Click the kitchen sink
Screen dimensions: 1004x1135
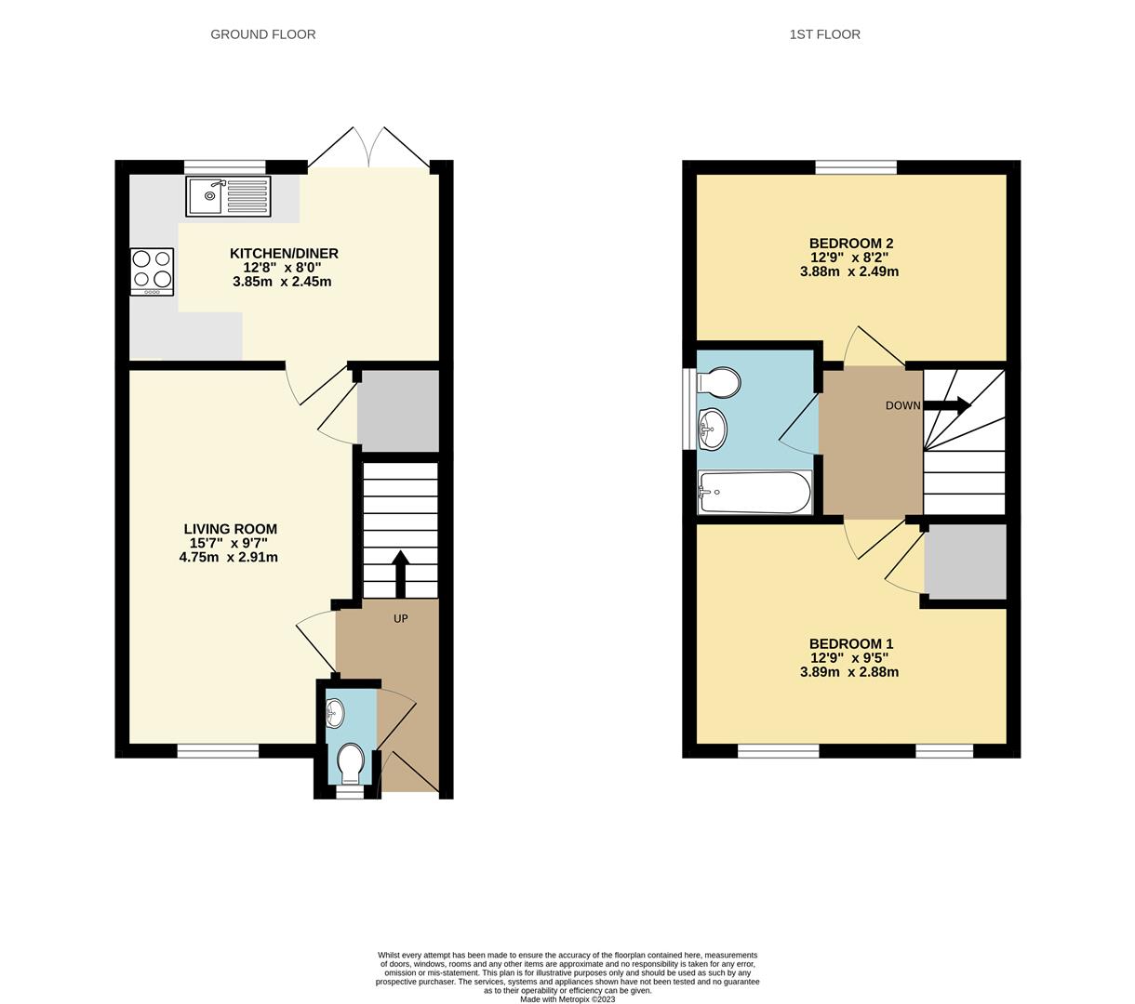(x=228, y=196)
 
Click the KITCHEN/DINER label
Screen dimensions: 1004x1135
(x=284, y=253)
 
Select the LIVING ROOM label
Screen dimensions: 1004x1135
(x=230, y=529)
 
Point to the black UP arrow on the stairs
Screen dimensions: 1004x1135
(x=400, y=573)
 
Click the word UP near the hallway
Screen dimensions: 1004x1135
(x=401, y=618)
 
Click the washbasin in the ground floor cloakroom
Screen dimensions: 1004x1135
(x=335, y=713)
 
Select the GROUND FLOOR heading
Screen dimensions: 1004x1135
(x=262, y=34)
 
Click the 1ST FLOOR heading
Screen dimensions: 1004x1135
(x=824, y=34)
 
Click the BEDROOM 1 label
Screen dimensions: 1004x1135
(x=850, y=643)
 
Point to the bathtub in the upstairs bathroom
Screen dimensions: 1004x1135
(x=754, y=492)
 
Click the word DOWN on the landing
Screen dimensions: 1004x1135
(x=902, y=405)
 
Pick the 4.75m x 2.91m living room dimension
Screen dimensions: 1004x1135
(x=228, y=558)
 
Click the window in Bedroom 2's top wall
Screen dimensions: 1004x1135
(x=856, y=167)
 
